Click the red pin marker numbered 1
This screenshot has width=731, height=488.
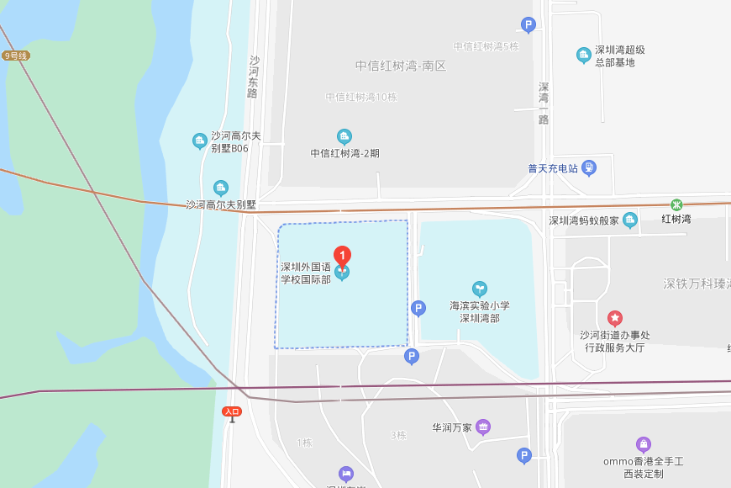[x=342, y=256]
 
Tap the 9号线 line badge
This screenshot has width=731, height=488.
[x=16, y=56]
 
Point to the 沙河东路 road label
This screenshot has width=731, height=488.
[x=253, y=77]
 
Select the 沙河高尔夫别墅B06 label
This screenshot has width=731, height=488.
[x=235, y=141]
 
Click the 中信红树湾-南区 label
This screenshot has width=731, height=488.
[x=400, y=66]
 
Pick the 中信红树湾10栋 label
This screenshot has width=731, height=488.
[x=361, y=97]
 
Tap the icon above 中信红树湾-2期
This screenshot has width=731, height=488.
[x=344, y=136]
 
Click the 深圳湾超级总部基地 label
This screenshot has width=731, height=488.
[x=620, y=56]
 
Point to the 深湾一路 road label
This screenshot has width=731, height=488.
[x=544, y=103]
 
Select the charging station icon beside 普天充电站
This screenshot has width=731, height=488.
[x=589, y=167]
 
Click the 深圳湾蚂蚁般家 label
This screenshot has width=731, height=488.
[x=584, y=220]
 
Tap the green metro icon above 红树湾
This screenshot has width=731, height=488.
[x=676, y=204]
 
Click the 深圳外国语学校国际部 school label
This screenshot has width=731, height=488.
[x=306, y=273]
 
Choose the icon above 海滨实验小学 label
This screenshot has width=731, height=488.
[x=479, y=289]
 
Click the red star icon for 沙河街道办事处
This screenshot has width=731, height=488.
[x=615, y=318]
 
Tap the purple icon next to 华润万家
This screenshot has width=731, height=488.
[x=483, y=427]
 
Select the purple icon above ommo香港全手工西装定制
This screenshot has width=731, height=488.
[x=643, y=444]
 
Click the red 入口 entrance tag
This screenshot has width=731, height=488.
[x=232, y=411]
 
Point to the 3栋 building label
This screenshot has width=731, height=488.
[x=398, y=435]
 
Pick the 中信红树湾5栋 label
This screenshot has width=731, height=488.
[x=486, y=46]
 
